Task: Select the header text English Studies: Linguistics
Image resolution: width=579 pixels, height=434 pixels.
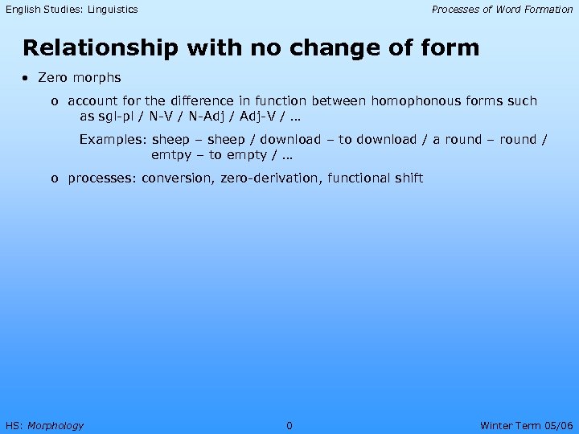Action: tap(72, 10)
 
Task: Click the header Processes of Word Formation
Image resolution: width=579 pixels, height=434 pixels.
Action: tap(502, 10)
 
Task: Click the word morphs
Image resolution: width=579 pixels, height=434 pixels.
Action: tap(97, 78)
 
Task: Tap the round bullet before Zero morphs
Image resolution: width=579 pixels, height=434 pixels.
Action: tap(27, 78)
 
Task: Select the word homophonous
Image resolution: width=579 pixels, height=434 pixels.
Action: tap(409, 101)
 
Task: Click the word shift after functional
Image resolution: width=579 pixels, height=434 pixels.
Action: tap(406, 178)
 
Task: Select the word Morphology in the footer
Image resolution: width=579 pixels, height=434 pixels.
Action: tap(55, 425)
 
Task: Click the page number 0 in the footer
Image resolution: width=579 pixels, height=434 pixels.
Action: tap(289, 425)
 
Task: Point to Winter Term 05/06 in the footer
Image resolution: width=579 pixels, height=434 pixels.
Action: tap(526, 425)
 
